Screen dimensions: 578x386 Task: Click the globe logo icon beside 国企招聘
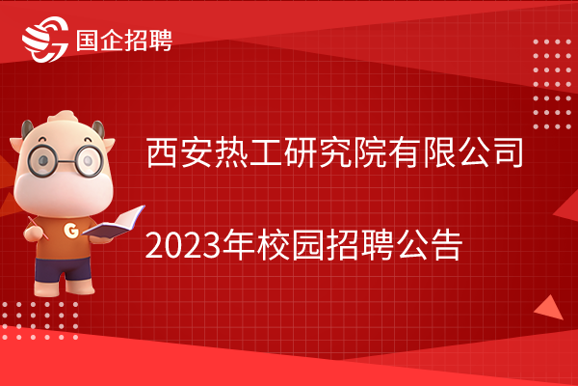(45, 39)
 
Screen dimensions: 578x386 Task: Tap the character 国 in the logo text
(88, 40)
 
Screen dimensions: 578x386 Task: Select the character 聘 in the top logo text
(160, 40)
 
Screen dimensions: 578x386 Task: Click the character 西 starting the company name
(161, 152)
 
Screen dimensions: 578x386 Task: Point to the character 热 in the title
(231, 152)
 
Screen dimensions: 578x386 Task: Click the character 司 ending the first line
(509, 152)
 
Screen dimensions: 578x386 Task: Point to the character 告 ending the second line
(448, 244)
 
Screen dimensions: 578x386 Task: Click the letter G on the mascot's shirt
(71, 231)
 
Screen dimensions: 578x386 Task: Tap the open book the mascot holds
(114, 222)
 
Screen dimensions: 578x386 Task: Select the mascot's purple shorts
(63, 269)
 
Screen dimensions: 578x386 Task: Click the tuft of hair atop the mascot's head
(63, 117)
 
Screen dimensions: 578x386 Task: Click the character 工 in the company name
(266, 152)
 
